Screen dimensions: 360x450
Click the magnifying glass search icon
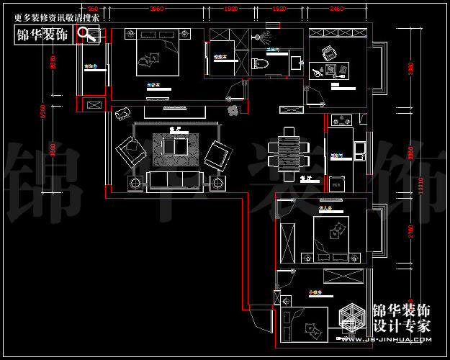87,34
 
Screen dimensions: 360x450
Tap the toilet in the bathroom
261,63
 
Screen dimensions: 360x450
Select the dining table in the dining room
289,152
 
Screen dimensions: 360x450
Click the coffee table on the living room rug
174,147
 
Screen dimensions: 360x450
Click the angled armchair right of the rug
217,155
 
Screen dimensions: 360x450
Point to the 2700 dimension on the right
410,233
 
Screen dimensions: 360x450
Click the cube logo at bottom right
353,318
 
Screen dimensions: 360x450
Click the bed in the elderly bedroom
331,235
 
